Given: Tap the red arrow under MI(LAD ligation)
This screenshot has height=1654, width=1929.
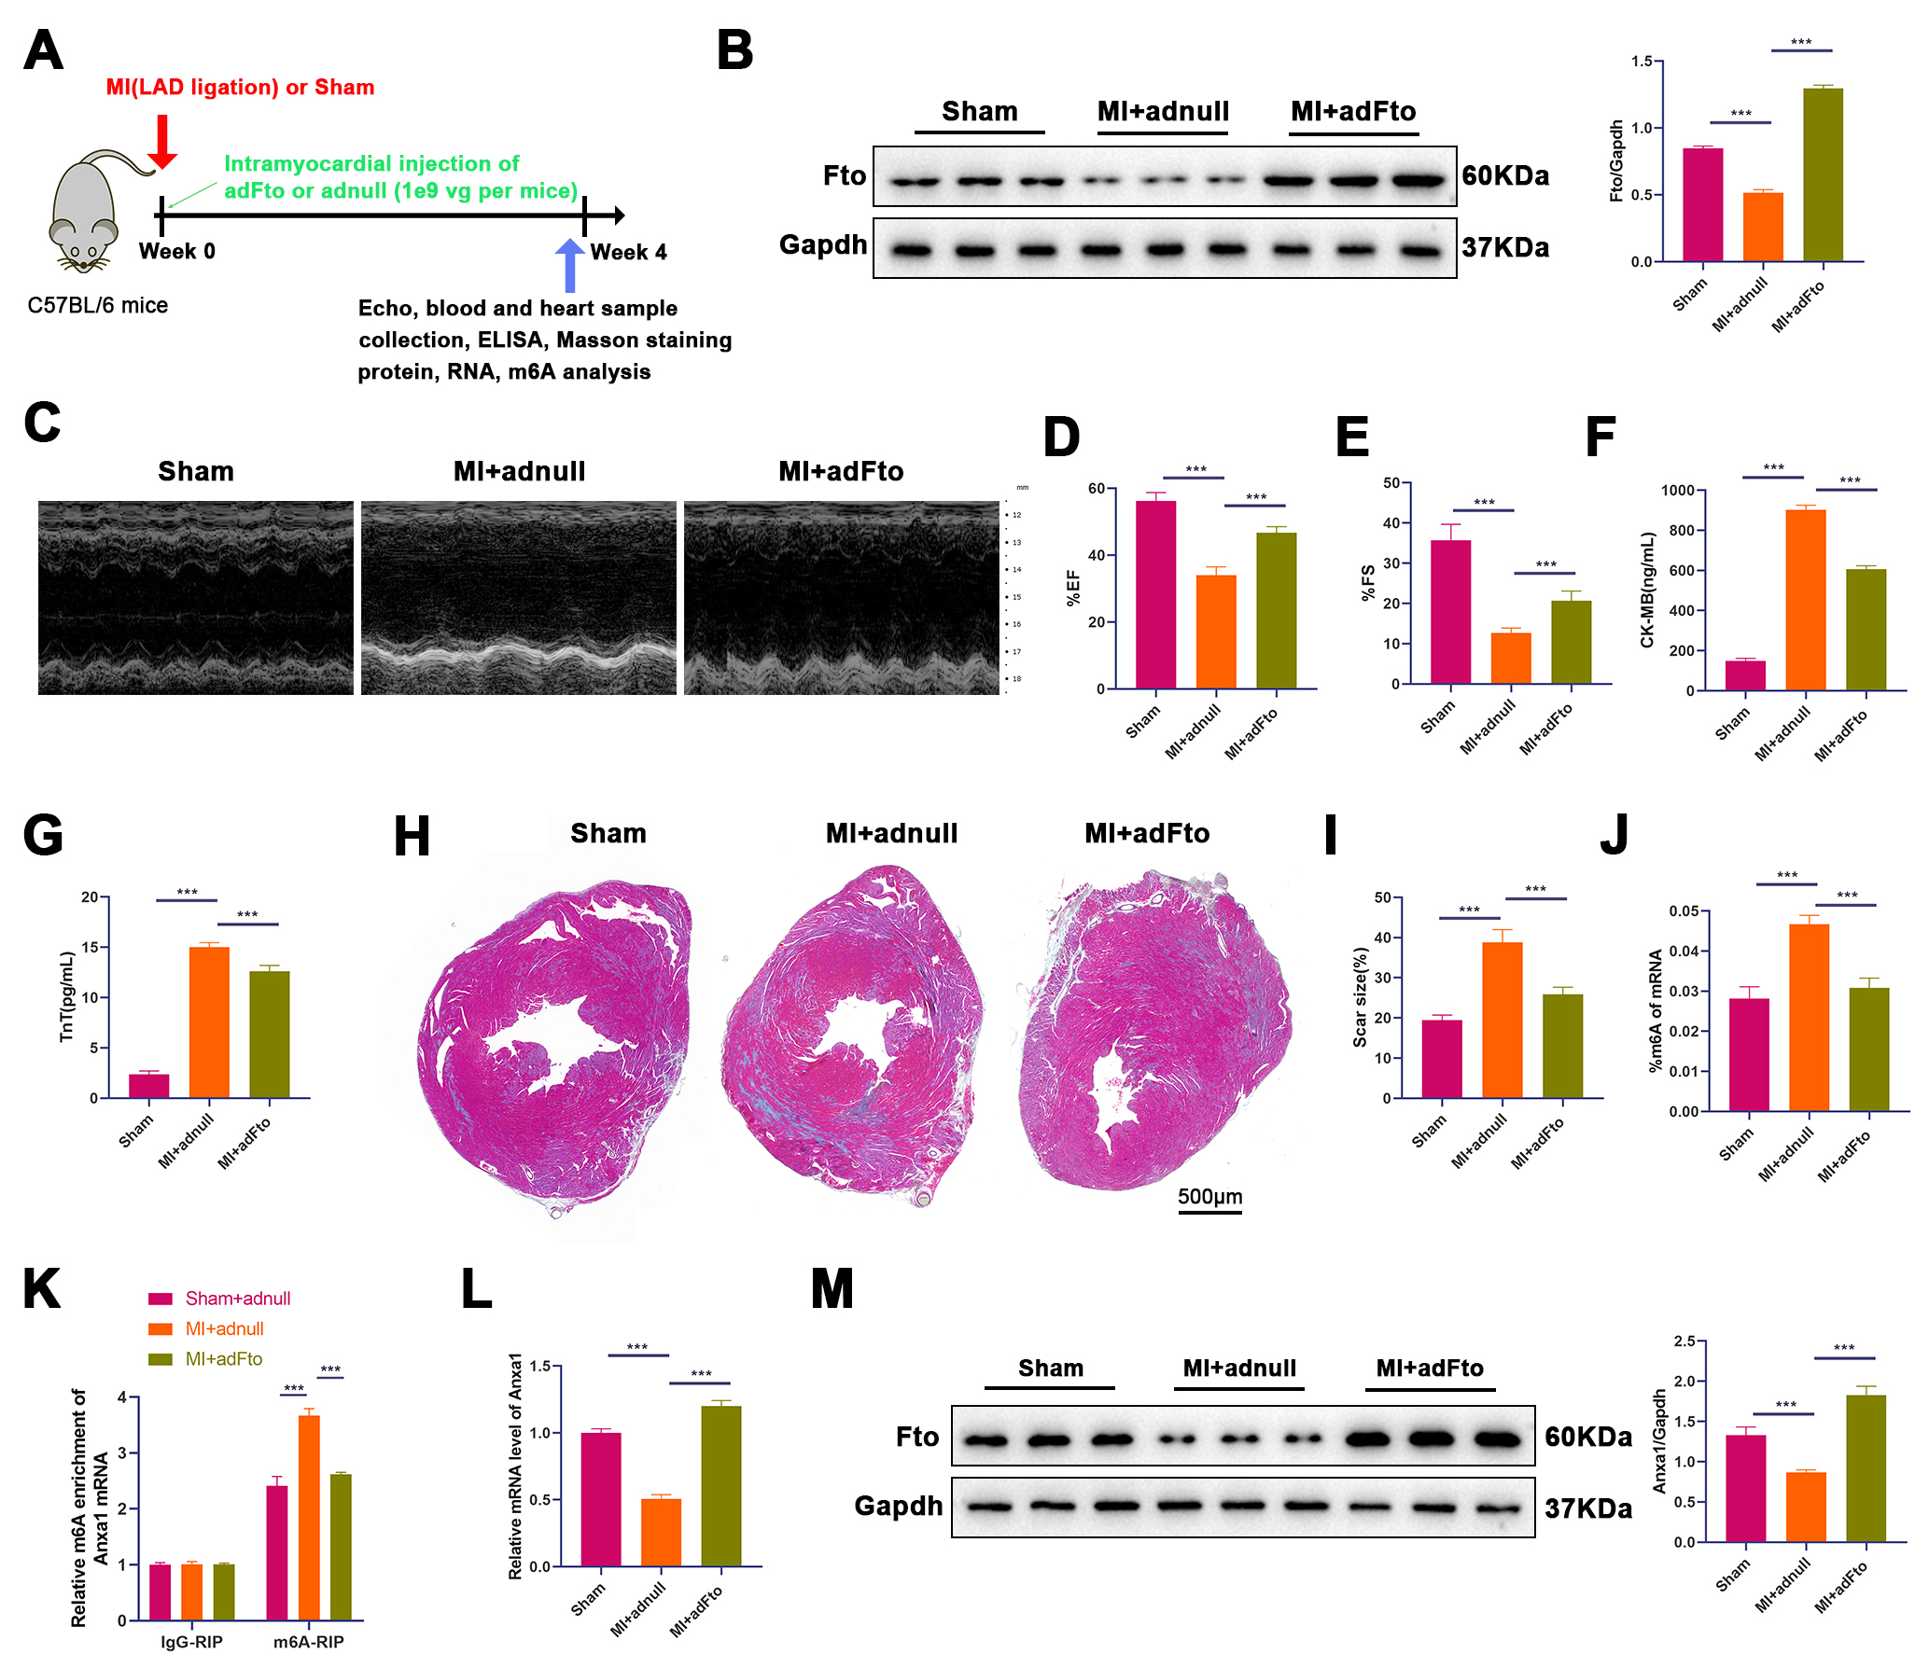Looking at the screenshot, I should pos(162,141).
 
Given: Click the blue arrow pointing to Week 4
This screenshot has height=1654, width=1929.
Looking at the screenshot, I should pos(569,266).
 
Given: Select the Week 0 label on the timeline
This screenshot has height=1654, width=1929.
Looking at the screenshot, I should pos(177,251).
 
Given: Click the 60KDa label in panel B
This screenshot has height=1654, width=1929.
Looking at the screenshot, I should pos(1504,175).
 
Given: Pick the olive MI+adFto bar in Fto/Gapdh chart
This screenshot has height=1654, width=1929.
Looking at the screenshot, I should pos(1823,174).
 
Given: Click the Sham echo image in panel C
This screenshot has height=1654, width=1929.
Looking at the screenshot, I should pos(196,598).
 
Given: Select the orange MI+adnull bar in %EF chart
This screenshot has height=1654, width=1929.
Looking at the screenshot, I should pos(1216,632).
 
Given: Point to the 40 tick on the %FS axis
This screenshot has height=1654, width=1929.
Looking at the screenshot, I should pos(1391,523).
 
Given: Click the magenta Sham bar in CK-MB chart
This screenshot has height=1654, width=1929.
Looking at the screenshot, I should pos(1745,674).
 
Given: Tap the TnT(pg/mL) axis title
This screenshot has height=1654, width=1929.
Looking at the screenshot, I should pos(66,996).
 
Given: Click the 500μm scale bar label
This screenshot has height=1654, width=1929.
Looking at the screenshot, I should pos(1209,1196).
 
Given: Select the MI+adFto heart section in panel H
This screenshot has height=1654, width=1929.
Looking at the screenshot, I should pos(1155,1031).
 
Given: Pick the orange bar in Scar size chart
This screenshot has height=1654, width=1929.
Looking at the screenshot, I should pos(1502,1020).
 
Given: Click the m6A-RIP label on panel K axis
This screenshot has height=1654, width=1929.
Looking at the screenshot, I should pos(308,1642).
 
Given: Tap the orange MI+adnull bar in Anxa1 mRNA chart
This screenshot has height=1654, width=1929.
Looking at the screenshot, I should pos(661,1532).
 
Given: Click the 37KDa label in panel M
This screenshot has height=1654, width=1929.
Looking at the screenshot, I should pos(1587,1508).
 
